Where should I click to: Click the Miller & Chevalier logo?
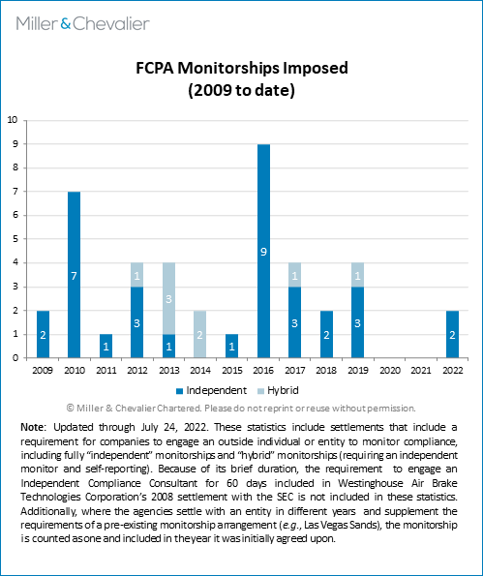point(82,24)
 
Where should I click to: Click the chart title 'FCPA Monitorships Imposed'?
point(242,68)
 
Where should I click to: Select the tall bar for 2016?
point(263,251)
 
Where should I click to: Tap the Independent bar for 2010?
point(74,275)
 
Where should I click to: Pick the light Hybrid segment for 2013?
point(168,299)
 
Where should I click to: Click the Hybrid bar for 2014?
point(199,334)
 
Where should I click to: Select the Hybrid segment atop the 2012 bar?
point(137,275)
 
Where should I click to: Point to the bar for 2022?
point(453,334)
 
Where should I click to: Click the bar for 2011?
point(106,346)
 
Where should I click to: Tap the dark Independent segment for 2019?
point(358,322)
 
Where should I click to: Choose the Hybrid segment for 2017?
point(294,275)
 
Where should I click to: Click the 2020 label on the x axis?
point(390,370)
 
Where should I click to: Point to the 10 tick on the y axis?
point(13,120)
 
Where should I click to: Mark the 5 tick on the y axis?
point(15,239)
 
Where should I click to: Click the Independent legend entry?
point(212,390)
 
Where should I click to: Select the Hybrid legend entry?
point(279,390)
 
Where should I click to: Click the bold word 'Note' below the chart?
point(32,427)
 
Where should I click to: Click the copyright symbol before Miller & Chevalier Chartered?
point(70,409)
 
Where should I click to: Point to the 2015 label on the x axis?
point(232,370)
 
